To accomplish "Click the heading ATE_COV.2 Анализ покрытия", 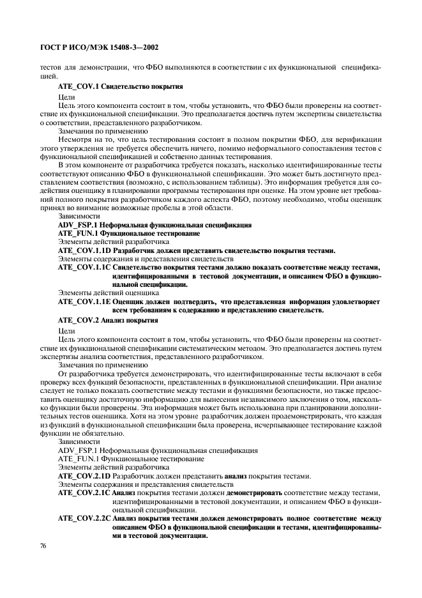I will coord(107,319).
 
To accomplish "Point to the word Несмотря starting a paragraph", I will coord(75,138).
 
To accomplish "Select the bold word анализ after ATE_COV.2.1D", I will coord(236,475).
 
